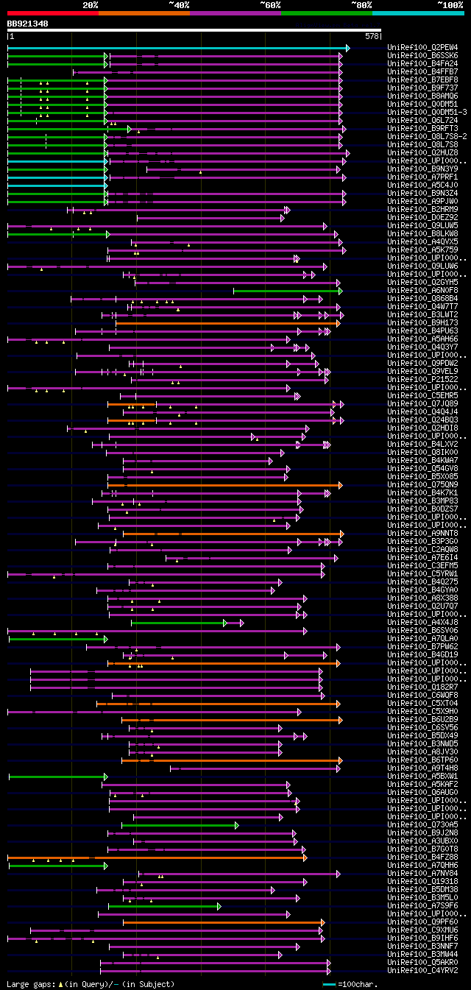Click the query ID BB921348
click(x=28, y=24)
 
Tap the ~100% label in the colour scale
click(x=450, y=4)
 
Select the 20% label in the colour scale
click(x=91, y=4)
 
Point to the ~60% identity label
click(x=270, y=4)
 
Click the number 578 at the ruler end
click(x=372, y=36)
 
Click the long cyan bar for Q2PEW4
click(x=177, y=48)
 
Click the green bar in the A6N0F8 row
click(x=287, y=291)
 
